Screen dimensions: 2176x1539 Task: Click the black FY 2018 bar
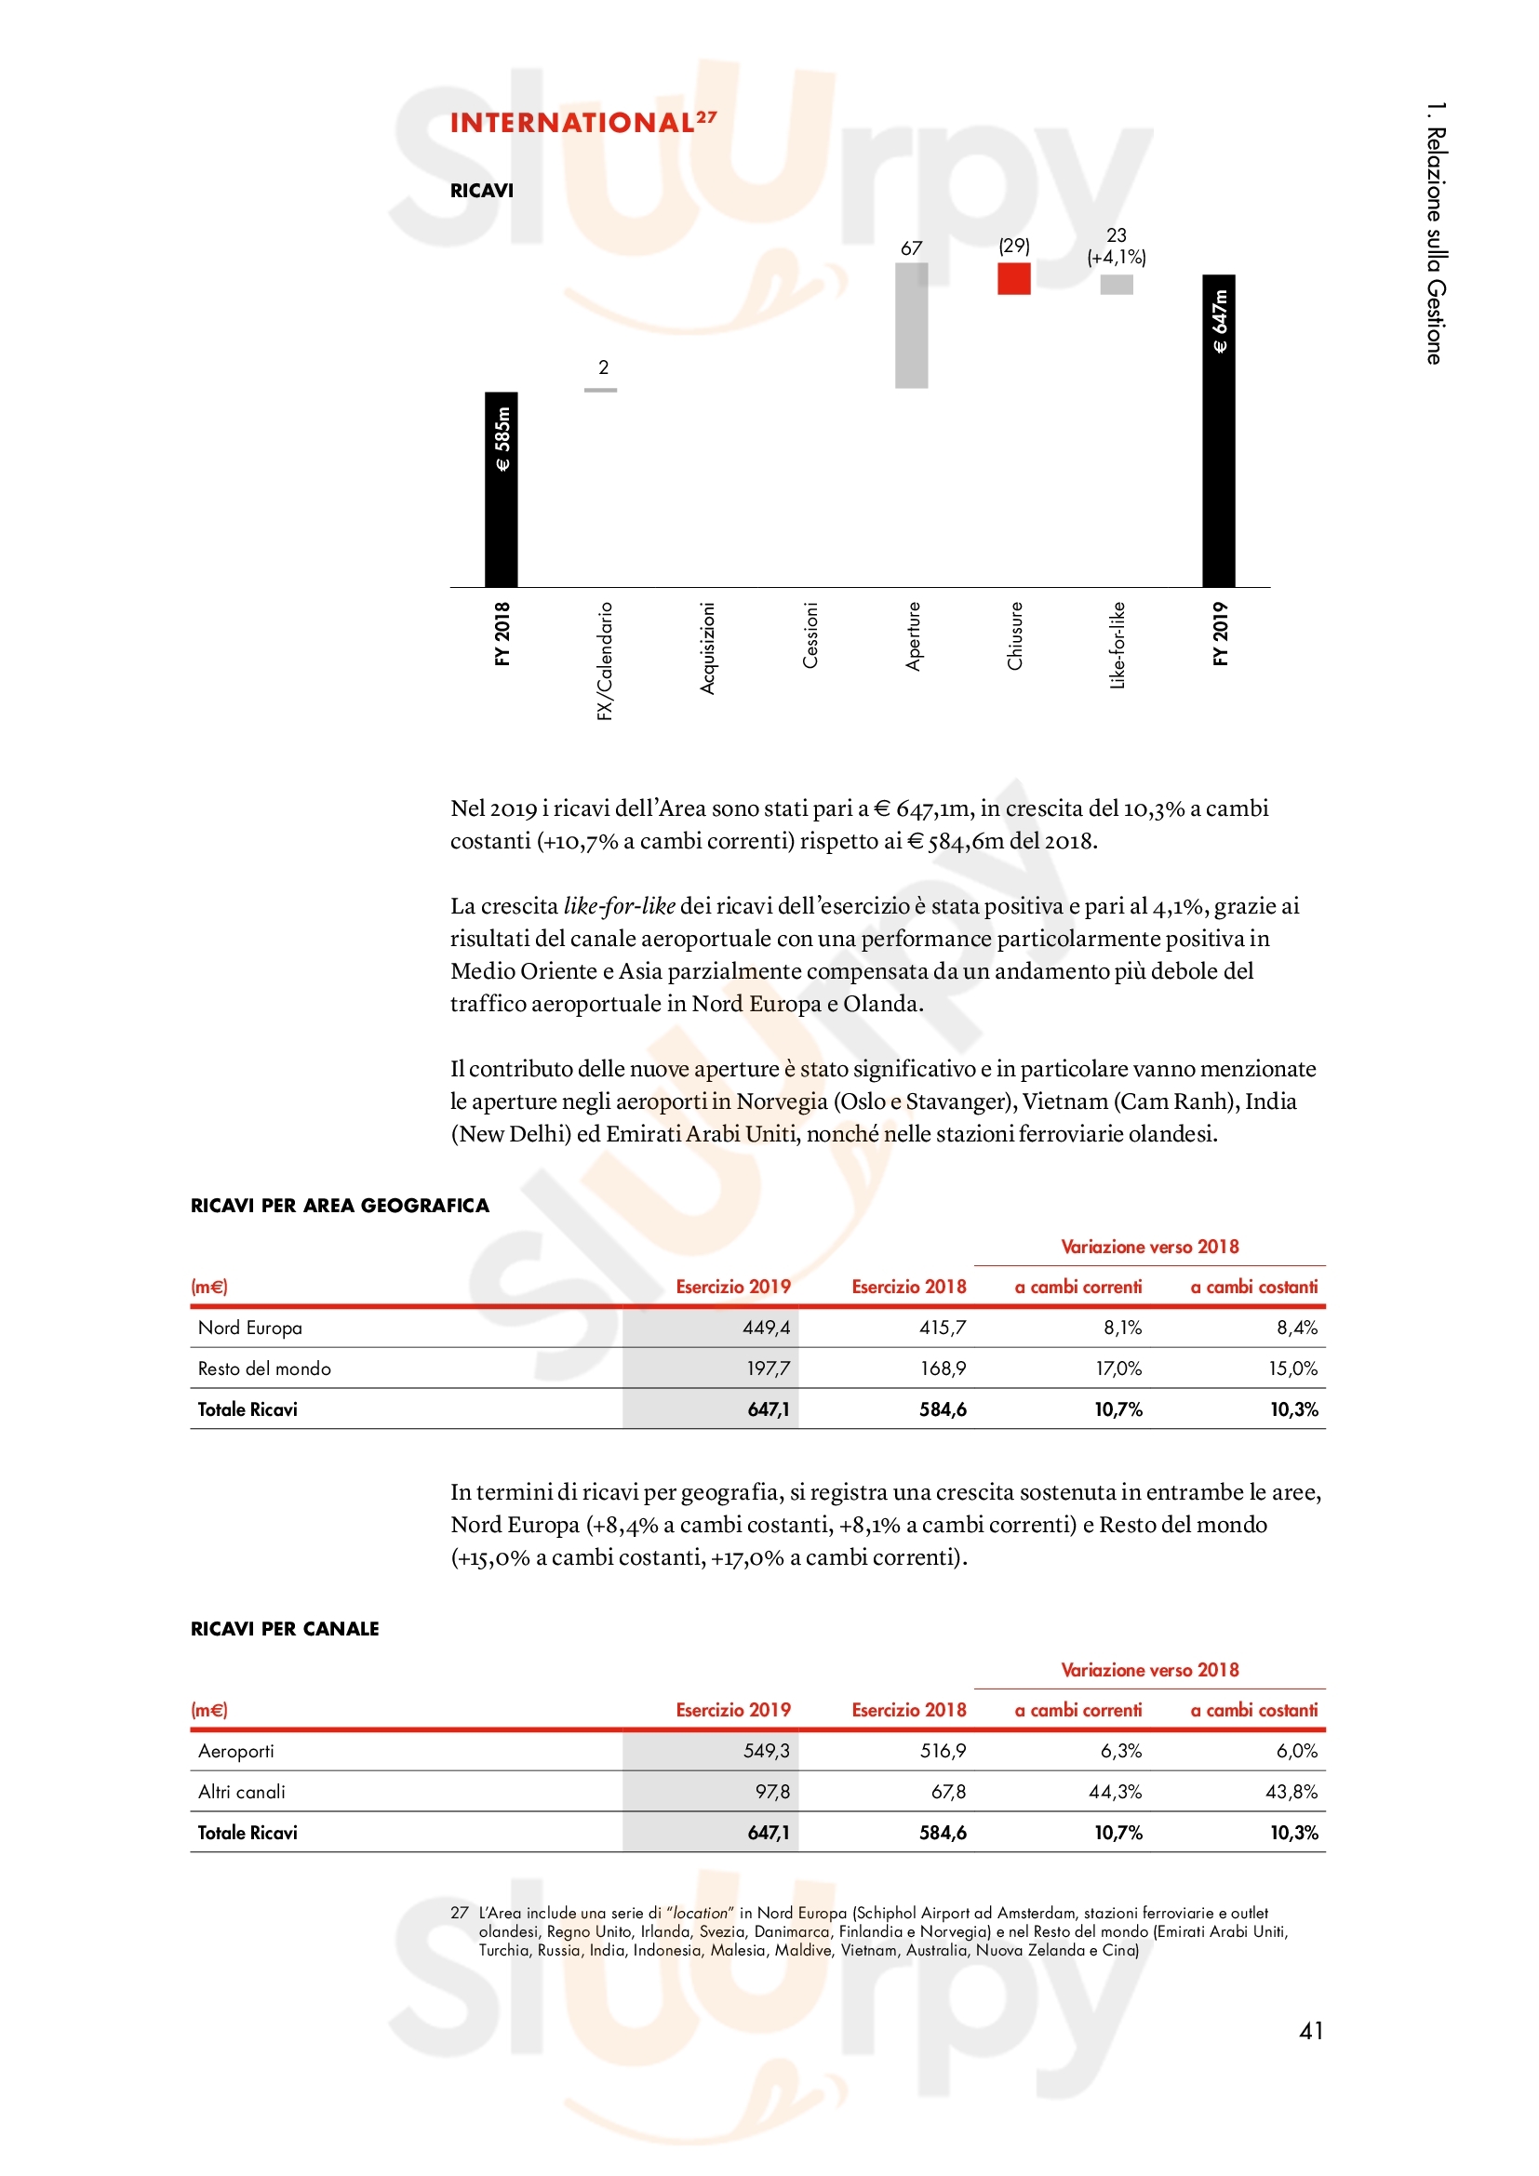[x=502, y=489]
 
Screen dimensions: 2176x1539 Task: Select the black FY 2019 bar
[x=1219, y=431]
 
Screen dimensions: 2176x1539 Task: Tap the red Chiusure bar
[x=1013, y=279]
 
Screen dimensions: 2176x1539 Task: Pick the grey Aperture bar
[x=911, y=325]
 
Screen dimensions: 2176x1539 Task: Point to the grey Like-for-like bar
[x=1117, y=285]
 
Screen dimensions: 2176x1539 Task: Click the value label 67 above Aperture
[x=911, y=248]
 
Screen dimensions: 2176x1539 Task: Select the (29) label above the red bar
[x=1014, y=247]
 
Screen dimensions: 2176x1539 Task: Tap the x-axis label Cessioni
[x=810, y=635]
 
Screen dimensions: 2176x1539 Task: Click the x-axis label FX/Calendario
[x=605, y=661]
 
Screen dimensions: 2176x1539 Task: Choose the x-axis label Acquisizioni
[x=707, y=648]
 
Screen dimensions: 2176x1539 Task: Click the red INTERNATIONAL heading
[x=572, y=123]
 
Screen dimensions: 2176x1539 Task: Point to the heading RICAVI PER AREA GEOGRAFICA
[x=340, y=1206]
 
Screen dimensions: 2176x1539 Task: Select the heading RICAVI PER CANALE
[x=285, y=1629]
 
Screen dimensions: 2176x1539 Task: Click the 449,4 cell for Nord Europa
[x=766, y=1328]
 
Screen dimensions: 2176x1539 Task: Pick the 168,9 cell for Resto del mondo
[x=942, y=1368]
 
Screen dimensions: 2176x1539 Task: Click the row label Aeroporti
[x=236, y=1752]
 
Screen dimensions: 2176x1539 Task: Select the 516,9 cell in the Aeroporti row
[x=942, y=1752]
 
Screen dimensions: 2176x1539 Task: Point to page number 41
[x=1311, y=2031]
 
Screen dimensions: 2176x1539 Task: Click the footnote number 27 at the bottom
[x=460, y=1914]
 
